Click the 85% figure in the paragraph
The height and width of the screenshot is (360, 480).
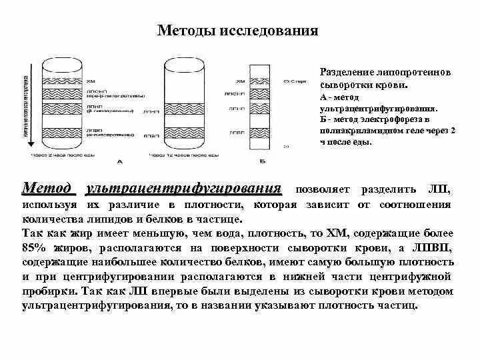pos(35,248)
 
